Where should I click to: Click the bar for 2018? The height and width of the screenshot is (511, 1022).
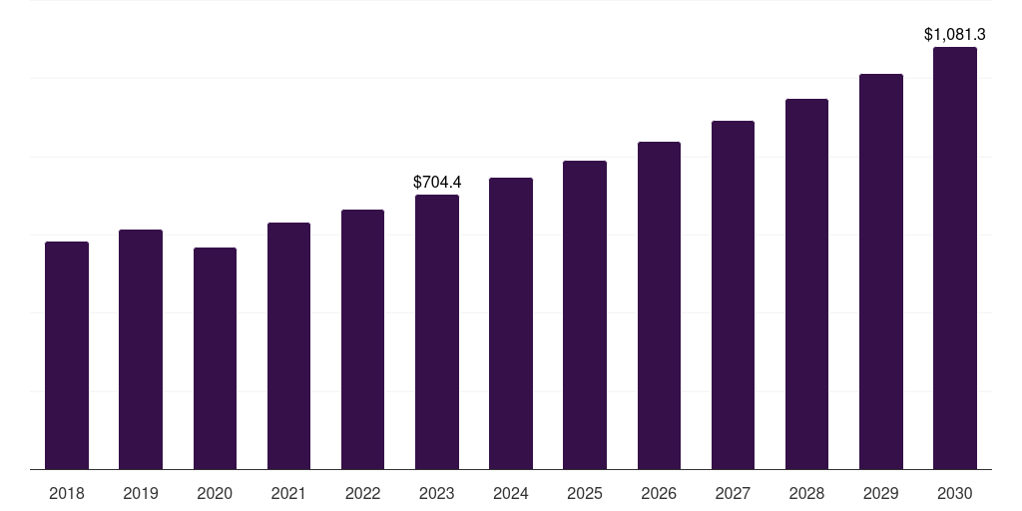pyautogui.click(x=67, y=355)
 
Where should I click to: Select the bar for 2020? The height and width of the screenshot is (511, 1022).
pyautogui.click(x=215, y=358)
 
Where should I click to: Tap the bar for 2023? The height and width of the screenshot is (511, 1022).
pyautogui.click(x=437, y=331)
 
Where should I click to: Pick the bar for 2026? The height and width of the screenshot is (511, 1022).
pyautogui.click(x=659, y=305)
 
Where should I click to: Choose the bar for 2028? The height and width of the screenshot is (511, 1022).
pyautogui.click(x=806, y=283)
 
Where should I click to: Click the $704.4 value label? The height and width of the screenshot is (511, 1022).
pyautogui.click(x=437, y=182)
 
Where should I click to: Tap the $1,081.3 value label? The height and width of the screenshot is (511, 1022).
pyautogui.click(x=955, y=35)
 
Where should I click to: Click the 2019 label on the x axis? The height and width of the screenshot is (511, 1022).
pyautogui.click(x=141, y=493)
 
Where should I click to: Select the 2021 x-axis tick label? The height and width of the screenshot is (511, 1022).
pyautogui.click(x=288, y=493)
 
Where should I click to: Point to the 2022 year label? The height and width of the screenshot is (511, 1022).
pyautogui.click(x=362, y=493)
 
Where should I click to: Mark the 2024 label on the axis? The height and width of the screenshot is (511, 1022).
pyautogui.click(x=511, y=493)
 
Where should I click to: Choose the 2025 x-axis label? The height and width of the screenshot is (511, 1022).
pyautogui.click(x=585, y=493)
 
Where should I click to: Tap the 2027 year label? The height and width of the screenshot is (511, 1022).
pyautogui.click(x=733, y=493)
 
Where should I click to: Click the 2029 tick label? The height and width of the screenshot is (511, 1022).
pyautogui.click(x=881, y=493)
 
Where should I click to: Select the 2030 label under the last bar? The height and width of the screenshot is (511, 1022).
pyautogui.click(x=955, y=493)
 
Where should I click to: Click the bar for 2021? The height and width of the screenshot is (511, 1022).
pyautogui.click(x=288, y=345)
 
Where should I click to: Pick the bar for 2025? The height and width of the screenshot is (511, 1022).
pyautogui.click(x=585, y=314)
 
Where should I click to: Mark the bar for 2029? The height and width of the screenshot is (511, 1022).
pyautogui.click(x=881, y=271)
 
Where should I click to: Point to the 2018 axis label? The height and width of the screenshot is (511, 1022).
pyautogui.click(x=67, y=493)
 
